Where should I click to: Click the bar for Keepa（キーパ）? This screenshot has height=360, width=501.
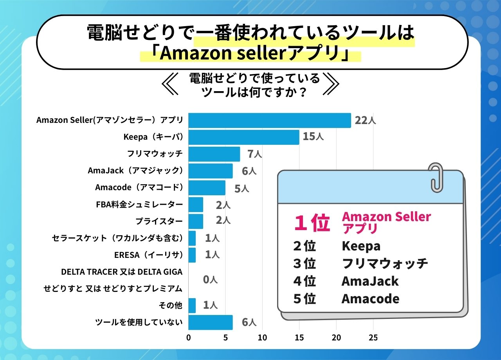[x=243, y=137]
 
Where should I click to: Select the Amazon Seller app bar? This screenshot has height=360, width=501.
[x=269, y=121]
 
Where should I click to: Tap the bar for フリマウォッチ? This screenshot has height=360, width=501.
[x=214, y=154]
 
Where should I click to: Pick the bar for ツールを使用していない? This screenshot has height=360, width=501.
[x=211, y=322]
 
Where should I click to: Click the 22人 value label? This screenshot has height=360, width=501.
[x=365, y=121]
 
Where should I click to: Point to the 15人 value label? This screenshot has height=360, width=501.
[x=313, y=137]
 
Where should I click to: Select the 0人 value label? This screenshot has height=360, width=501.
[x=210, y=280]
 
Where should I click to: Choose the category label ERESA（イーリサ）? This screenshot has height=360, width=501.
[x=148, y=255]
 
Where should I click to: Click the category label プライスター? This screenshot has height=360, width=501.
[x=159, y=221]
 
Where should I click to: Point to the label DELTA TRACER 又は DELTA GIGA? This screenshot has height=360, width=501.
[x=122, y=272]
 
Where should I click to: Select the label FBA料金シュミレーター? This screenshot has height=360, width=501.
[x=139, y=205]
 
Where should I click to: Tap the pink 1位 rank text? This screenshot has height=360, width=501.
[x=312, y=223]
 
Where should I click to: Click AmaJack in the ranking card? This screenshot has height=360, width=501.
[x=370, y=281]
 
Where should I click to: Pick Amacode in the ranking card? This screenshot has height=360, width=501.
[x=370, y=299]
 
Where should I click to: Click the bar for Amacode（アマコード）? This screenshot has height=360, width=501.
[x=207, y=188]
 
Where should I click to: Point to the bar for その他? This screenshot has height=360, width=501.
[x=192, y=306]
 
